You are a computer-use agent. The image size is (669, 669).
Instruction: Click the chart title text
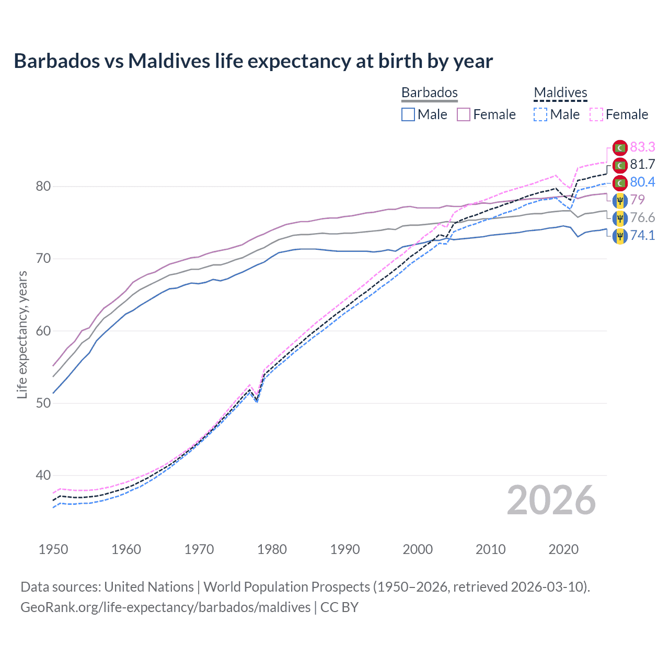(253, 61)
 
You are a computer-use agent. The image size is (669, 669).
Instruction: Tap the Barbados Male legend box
(408, 114)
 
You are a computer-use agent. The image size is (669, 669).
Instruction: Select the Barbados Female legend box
(464, 114)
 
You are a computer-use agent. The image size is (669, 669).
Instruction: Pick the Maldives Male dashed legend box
(540, 114)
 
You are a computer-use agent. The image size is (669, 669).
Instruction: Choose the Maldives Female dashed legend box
(596, 114)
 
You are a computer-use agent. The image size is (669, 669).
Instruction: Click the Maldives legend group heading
(560, 93)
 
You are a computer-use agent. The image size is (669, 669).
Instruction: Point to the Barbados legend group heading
(429, 93)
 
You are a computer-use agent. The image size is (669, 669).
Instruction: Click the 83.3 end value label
(642, 147)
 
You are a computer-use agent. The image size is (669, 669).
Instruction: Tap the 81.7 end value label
(642, 165)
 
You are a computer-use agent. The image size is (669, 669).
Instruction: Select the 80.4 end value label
(642, 182)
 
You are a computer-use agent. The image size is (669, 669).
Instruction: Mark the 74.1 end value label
(642, 236)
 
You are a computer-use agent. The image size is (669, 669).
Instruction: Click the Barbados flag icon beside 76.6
(620, 218)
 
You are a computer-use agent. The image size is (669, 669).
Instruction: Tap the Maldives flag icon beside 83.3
(620, 148)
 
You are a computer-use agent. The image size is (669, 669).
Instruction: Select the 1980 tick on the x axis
(272, 549)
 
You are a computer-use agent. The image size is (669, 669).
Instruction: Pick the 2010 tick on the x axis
(490, 549)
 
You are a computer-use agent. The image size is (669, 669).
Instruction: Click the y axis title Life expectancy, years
(22, 334)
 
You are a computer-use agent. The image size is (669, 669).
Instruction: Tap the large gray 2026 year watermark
(551, 500)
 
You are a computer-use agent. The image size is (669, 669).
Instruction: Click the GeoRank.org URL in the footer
(165, 607)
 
